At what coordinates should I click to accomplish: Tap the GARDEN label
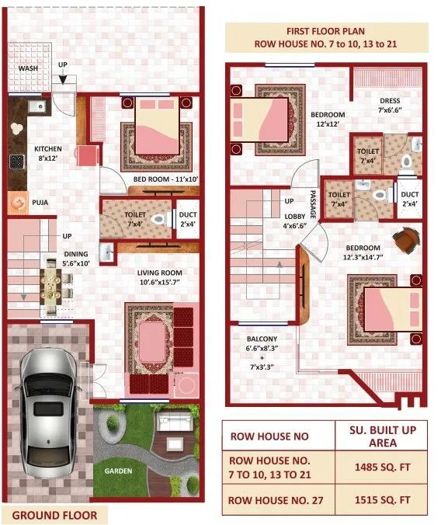(118, 471)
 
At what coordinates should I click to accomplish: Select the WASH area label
(29, 68)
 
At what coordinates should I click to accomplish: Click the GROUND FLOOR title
(54, 515)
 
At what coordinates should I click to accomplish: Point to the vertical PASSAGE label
(313, 203)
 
